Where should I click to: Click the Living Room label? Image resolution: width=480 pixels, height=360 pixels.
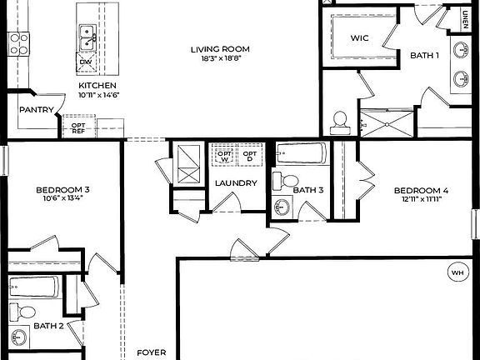220,49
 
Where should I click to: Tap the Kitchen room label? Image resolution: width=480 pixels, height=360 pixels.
97,86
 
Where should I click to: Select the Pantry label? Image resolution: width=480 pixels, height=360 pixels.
37,110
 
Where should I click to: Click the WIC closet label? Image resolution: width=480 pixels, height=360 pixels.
359,38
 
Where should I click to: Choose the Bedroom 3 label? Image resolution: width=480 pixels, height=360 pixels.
62,191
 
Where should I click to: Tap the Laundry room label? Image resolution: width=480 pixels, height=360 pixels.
235,183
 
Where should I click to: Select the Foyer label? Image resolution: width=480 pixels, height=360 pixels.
152,352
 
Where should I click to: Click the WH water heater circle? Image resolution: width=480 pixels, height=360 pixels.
457,272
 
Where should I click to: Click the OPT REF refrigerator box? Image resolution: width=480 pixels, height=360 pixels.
78,127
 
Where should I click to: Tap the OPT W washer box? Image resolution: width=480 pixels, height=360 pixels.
224,155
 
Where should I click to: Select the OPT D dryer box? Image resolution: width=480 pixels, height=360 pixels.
249,155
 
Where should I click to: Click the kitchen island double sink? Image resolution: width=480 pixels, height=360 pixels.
86,36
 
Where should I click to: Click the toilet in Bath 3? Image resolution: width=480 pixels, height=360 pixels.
286,179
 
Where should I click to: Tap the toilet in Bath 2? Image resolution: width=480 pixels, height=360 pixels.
26,312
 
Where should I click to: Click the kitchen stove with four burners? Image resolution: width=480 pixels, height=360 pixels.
18,43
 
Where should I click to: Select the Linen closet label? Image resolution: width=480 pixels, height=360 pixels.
465,17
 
